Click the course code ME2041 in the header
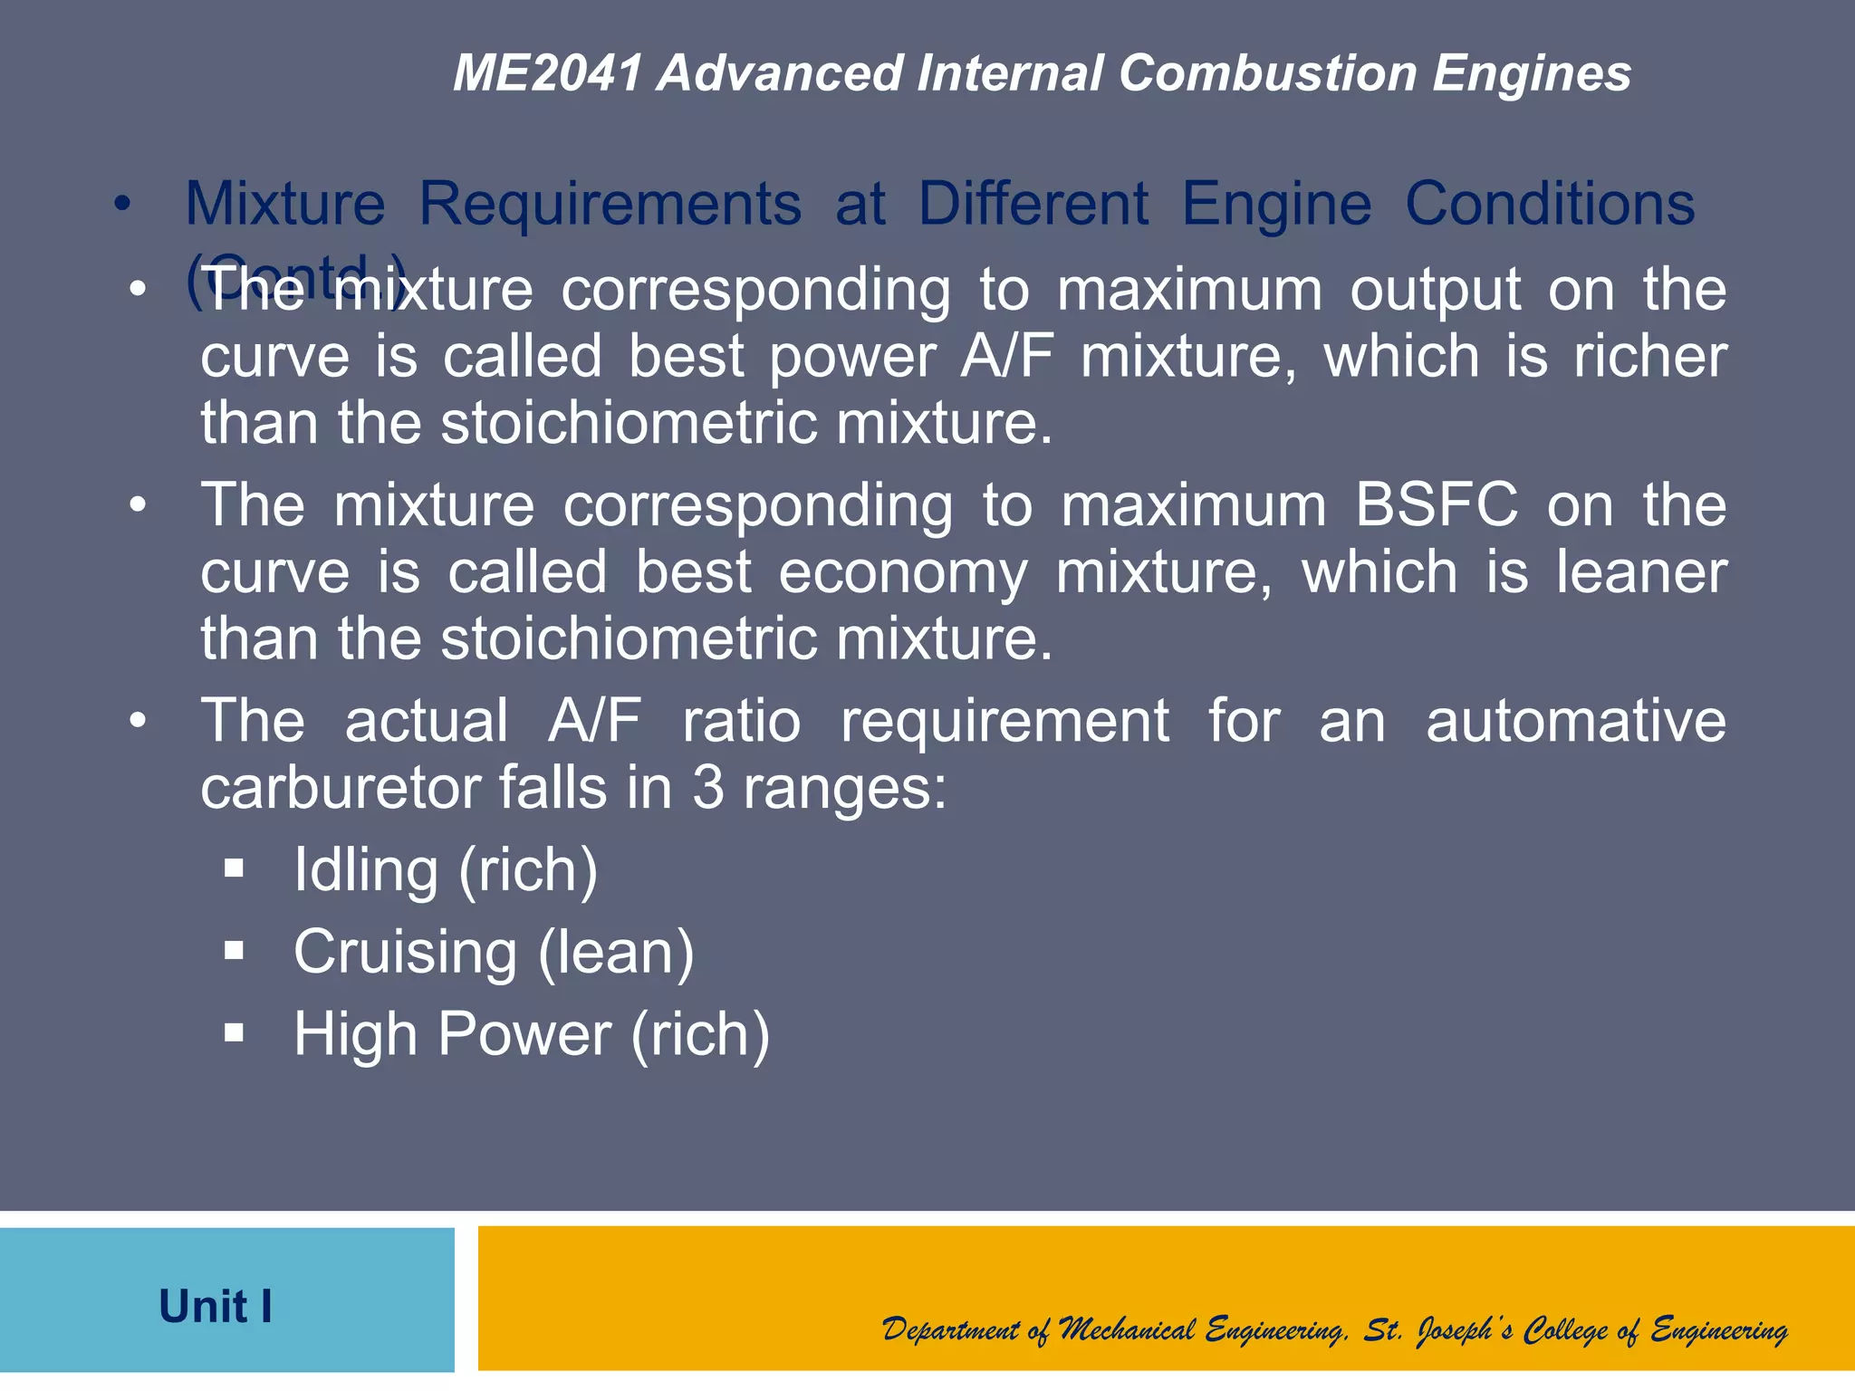548,72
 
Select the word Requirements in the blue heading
610,204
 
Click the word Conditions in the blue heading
1550,204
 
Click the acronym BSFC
1436,504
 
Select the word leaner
1641,572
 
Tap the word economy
903,572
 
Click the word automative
1576,721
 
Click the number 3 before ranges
708,788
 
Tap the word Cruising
405,953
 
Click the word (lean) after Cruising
617,953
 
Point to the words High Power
453,1034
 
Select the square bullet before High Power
235,1033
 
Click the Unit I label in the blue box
216,1307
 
